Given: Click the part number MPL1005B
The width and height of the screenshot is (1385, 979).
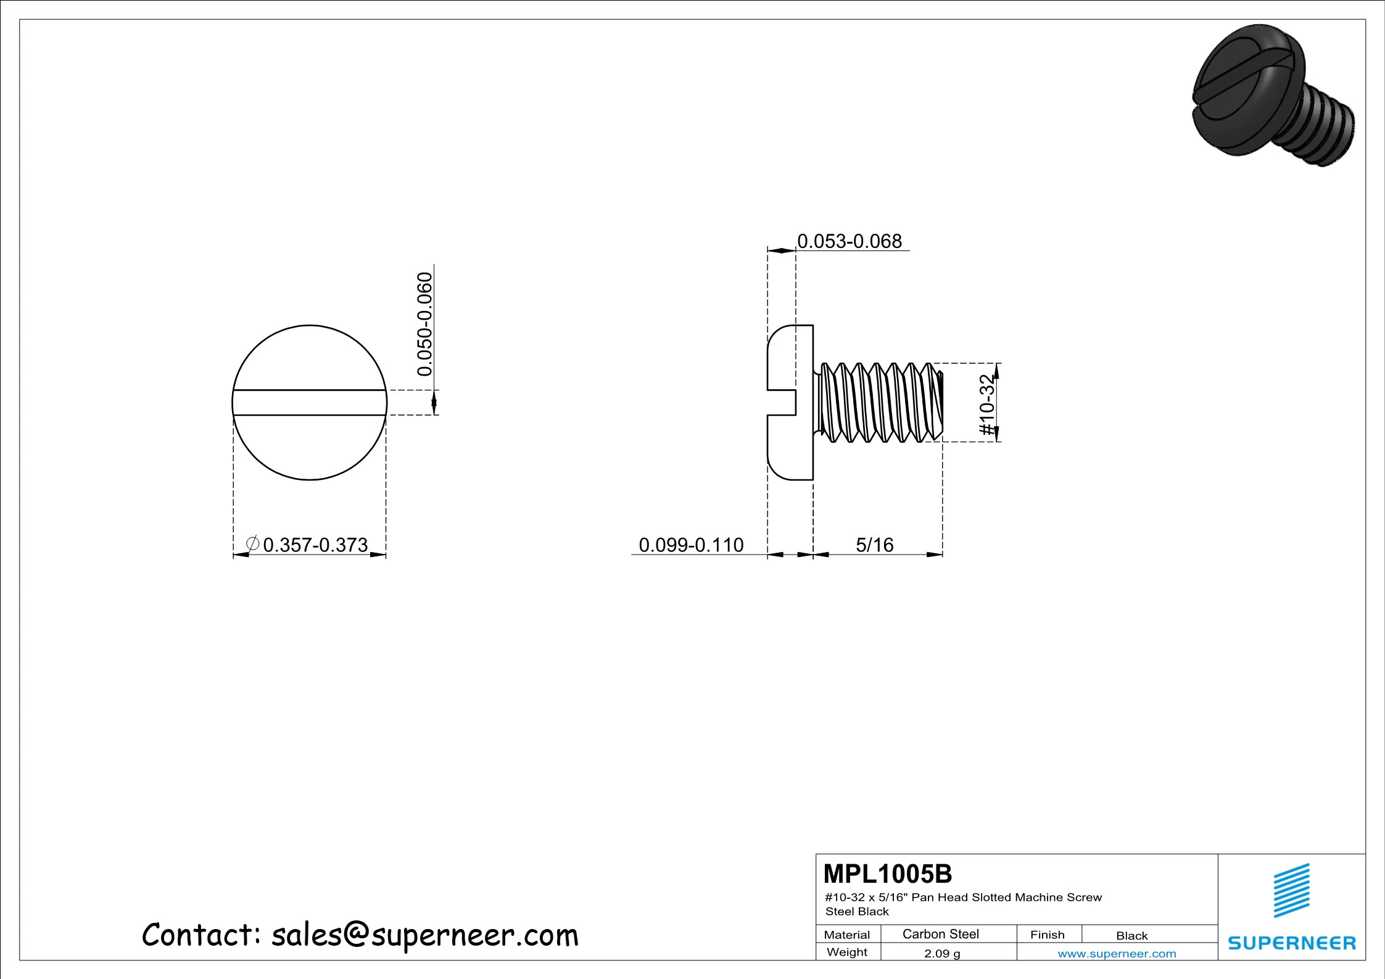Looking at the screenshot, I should [887, 874].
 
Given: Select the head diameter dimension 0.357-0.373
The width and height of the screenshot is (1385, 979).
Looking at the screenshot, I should [315, 545].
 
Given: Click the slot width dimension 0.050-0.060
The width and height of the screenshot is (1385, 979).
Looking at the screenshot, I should [424, 324].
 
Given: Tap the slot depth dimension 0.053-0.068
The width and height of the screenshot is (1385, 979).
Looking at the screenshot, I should [849, 241].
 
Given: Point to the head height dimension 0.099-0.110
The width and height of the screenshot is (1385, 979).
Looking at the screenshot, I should [691, 545].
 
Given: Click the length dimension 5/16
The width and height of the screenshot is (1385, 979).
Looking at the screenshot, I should [874, 545].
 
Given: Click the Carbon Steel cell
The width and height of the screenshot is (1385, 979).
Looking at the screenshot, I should [940, 934].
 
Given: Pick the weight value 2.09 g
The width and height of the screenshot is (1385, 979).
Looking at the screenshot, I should [941, 953].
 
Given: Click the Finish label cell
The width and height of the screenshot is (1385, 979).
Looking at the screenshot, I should [1047, 935].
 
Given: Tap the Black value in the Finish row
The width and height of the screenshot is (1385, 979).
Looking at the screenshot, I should [1131, 935].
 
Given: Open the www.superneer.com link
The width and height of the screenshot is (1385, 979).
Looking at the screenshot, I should [1117, 954].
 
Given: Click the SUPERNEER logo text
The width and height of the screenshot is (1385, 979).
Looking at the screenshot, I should [1291, 943].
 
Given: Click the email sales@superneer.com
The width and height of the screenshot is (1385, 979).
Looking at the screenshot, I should [425, 935].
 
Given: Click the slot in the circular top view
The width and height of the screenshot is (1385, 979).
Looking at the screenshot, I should [309, 402].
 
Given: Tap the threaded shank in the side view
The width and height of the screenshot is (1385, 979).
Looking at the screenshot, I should [879, 402].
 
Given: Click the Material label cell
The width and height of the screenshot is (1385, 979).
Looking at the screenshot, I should [846, 935].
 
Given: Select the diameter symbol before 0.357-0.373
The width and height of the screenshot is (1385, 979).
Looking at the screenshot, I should [252, 543].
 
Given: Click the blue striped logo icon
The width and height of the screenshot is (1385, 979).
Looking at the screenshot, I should [1291, 890].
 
